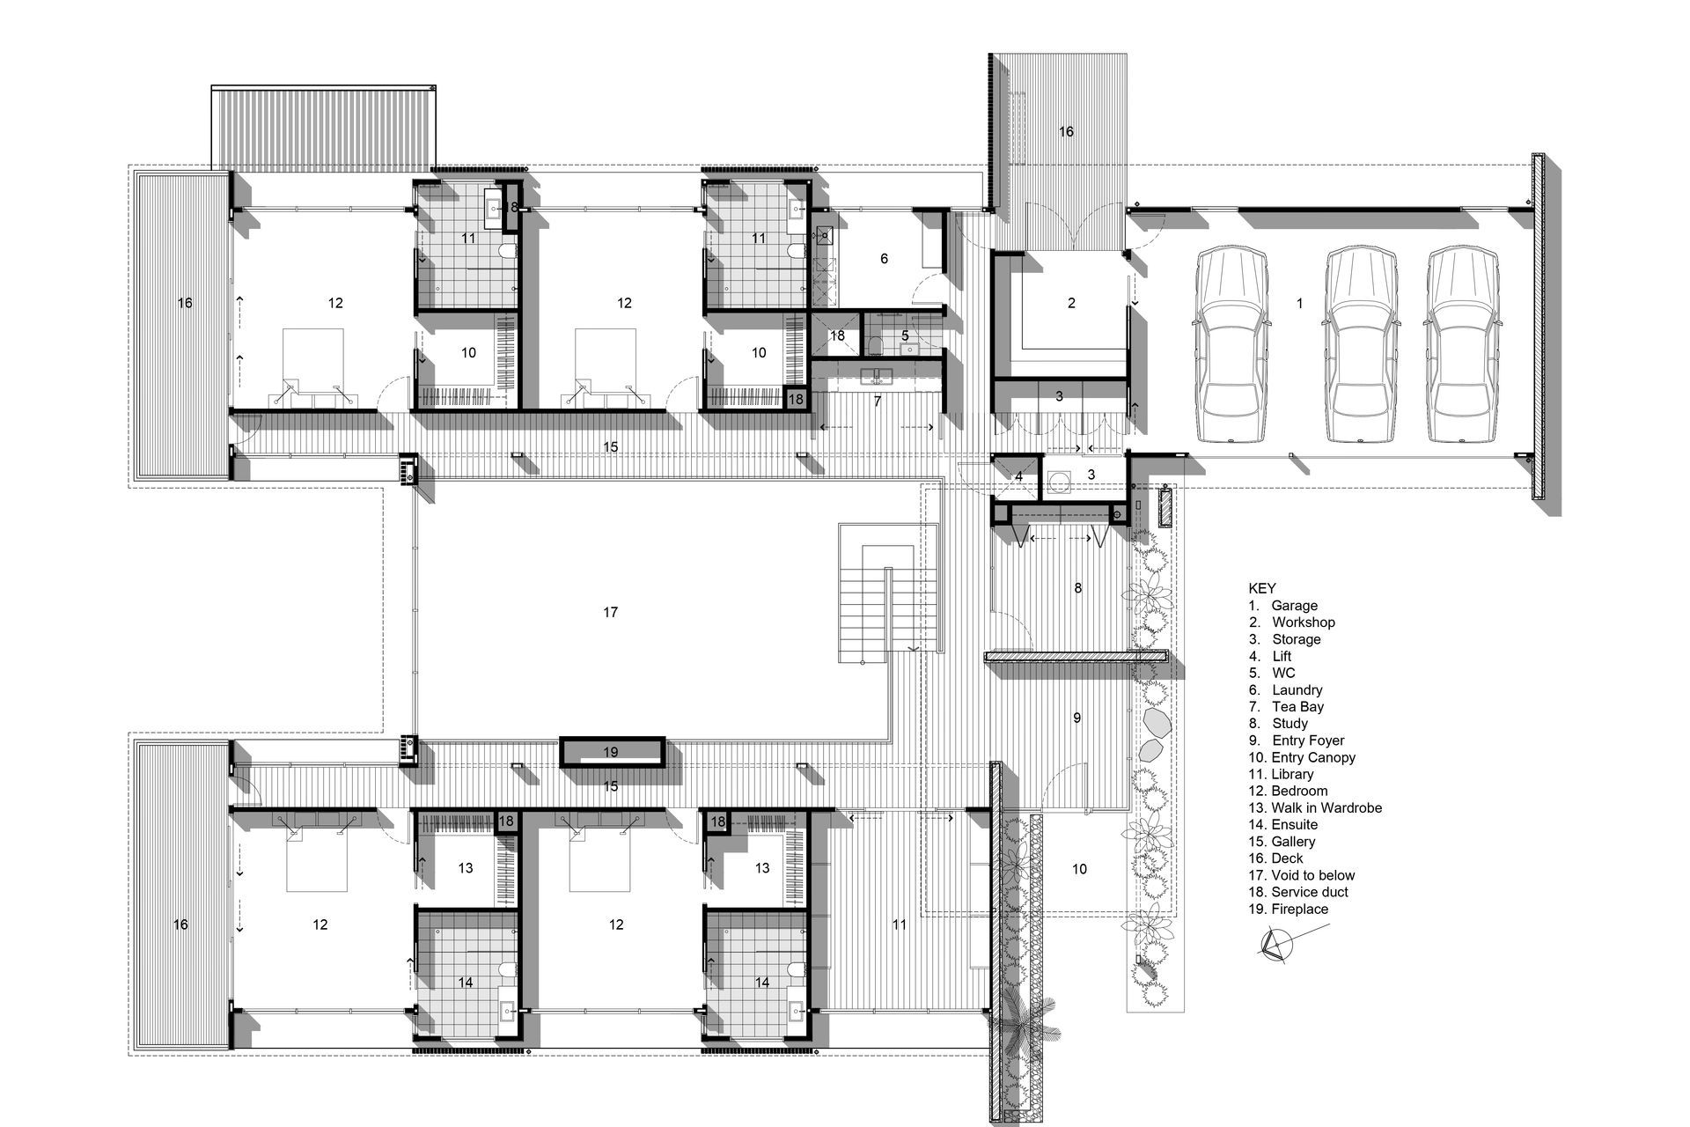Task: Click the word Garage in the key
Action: point(1294,606)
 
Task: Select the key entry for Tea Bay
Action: point(1297,707)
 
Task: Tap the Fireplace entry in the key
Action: point(1299,910)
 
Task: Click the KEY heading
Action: point(1262,588)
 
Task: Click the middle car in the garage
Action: point(1363,345)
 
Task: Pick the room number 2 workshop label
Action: point(1071,304)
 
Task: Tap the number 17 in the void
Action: point(611,613)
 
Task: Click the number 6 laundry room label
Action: point(884,259)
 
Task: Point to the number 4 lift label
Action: point(1018,476)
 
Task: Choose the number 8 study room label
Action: point(1078,588)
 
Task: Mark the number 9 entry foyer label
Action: point(1077,718)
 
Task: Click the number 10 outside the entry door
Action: point(1079,870)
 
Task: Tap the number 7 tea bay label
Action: point(878,401)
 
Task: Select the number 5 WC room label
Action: point(905,336)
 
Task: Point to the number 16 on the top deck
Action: point(1066,132)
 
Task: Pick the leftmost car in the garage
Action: point(1230,345)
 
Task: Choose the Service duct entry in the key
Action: point(1310,893)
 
